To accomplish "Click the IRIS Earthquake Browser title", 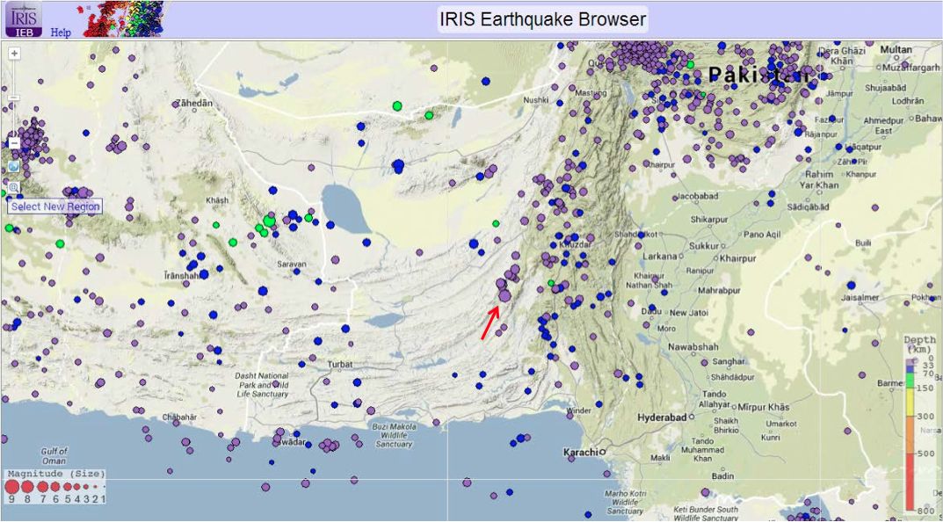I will [542, 19].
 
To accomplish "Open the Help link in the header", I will [61, 32].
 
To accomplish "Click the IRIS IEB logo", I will [23, 18].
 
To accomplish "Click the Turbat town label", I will [338, 364].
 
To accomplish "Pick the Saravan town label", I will [291, 264].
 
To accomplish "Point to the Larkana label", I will [660, 257].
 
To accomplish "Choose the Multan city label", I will [896, 49].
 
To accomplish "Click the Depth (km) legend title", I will [923, 344].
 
